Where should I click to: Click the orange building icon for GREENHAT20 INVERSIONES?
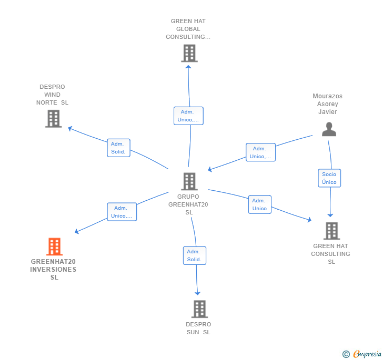(x=54, y=246)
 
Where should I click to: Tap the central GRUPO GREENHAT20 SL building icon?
(x=189, y=181)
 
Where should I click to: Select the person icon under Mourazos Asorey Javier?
(x=329, y=129)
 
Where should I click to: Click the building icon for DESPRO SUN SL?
(x=199, y=309)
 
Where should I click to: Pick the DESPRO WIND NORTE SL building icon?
(x=53, y=119)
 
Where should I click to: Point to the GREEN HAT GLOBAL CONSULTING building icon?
(x=189, y=53)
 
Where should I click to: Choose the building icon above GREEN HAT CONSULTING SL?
(x=331, y=231)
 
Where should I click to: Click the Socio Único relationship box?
(x=329, y=178)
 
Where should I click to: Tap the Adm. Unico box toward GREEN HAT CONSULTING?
(x=259, y=204)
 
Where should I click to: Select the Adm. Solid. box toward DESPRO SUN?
(x=194, y=255)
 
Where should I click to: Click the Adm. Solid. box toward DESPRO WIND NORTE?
(x=118, y=148)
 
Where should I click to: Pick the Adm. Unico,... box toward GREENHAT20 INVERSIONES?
(x=122, y=212)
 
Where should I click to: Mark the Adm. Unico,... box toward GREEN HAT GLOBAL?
(x=188, y=116)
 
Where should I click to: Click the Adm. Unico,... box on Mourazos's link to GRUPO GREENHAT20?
(x=260, y=152)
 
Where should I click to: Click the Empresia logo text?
(x=367, y=354)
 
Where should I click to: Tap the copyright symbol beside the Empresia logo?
(x=346, y=354)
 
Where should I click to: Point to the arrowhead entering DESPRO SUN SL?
(x=198, y=293)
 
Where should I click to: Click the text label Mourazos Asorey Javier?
(x=327, y=104)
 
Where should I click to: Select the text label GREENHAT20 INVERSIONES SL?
(x=53, y=270)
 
